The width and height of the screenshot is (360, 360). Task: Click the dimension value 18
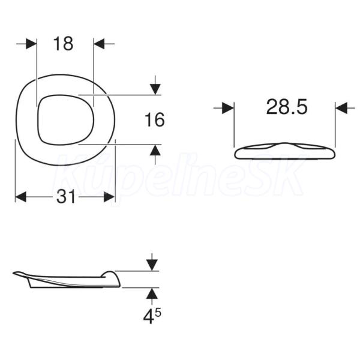(63, 44)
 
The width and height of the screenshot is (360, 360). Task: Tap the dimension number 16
(155, 119)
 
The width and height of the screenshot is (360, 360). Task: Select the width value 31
(65, 197)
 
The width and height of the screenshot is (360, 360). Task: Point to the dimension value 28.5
(287, 107)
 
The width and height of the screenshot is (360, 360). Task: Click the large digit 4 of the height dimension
(148, 317)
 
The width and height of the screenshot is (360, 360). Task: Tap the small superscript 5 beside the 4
(158, 313)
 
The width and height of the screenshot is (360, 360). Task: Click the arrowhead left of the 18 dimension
(31, 44)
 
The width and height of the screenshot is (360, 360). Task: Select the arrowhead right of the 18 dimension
(99, 44)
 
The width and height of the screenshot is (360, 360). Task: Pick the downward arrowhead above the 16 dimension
(155, 89)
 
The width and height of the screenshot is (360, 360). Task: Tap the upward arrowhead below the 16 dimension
(155, 150)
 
